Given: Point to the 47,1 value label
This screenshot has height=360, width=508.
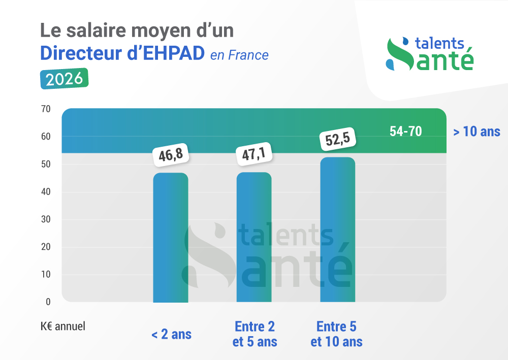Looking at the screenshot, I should tap(254, 153).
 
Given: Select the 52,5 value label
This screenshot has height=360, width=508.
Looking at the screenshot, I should tap(337, 140).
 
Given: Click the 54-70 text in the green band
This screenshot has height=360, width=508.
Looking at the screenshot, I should tap(405, 131).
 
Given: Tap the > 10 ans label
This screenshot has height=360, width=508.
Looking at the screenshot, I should tap(477, 132).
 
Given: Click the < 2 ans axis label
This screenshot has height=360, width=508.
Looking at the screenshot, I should tap(171, 334).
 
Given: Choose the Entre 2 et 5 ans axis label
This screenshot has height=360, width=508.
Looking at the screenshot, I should tap(255, 334).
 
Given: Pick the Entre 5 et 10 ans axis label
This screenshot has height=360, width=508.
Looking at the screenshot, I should tap(336, 334).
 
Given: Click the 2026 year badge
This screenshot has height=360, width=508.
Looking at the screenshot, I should tap(65, 79).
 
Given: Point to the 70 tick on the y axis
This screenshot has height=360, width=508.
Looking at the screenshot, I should tap(46, 109).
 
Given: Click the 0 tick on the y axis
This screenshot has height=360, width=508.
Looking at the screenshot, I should tap(48, 302).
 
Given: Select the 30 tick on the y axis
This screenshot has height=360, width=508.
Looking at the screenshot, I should tap(46, 219).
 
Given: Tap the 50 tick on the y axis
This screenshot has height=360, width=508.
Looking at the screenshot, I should tap(46, 164).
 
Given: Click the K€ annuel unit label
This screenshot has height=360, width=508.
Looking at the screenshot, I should tap(63, 326).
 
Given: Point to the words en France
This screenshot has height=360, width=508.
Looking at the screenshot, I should tap(239, 55).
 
